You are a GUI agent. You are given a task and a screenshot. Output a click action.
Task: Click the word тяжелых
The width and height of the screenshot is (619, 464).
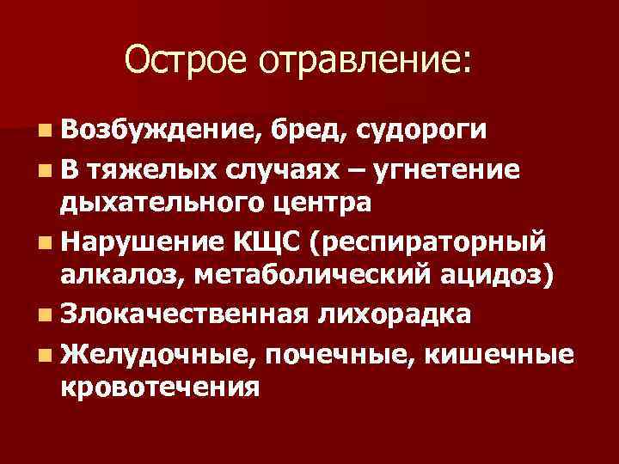[138, 170]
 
